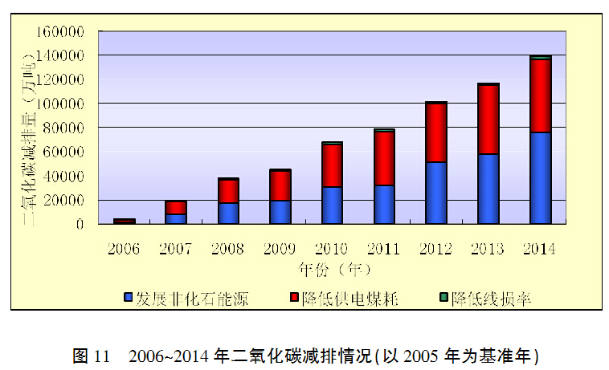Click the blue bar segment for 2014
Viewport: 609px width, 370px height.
(541, 177)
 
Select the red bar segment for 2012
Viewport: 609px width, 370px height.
(436, 133)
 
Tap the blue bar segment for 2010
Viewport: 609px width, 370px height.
(332, 205)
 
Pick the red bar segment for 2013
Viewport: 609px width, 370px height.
(488, 120)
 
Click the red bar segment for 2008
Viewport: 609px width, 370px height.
(228, 191)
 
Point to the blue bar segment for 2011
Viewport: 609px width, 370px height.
(384, 205)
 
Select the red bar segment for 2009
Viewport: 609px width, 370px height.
(280, 185)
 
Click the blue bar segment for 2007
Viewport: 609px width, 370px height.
(176, 218)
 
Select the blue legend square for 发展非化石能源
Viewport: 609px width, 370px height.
(128, 299)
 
